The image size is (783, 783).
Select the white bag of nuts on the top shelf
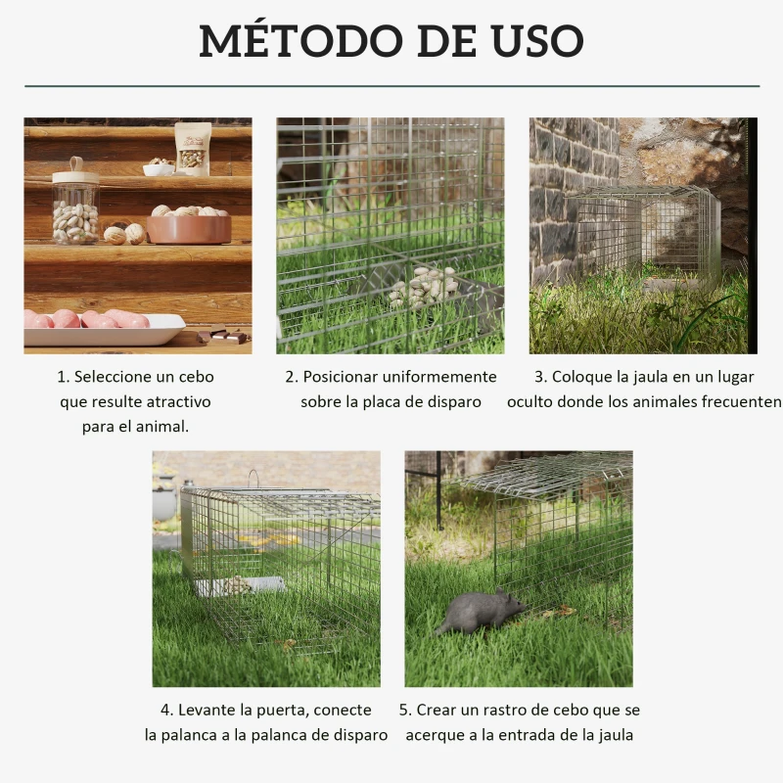193,149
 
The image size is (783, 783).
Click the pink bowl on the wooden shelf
188,227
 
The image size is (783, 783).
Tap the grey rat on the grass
480,612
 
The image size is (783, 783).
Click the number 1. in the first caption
64,377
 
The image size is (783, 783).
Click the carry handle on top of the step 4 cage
254,478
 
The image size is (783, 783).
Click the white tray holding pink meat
103,330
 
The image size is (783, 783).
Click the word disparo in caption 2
454,401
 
